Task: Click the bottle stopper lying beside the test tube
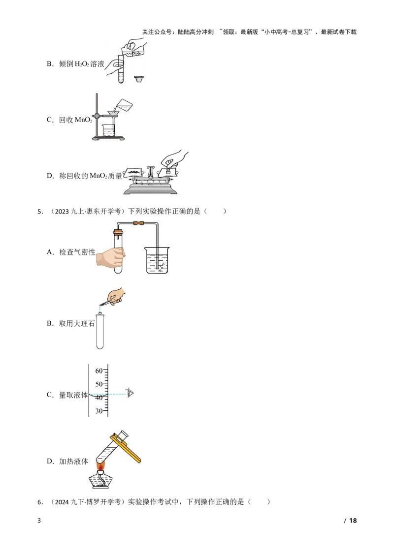pyautogui.click(x=139, y=79)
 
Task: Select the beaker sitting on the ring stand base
pyautogui.click(x=108, y=130)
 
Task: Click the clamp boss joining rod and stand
pyautogui.click(x=97, y=116)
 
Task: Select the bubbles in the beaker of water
pyautogui.click(x=160, y=266)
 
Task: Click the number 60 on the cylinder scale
pyautogui.click(x=98, y=371)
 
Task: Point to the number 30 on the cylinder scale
pyautogui.click(x=98, y=411)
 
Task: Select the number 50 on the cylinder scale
pyautogui.click(x=98, y=384)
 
